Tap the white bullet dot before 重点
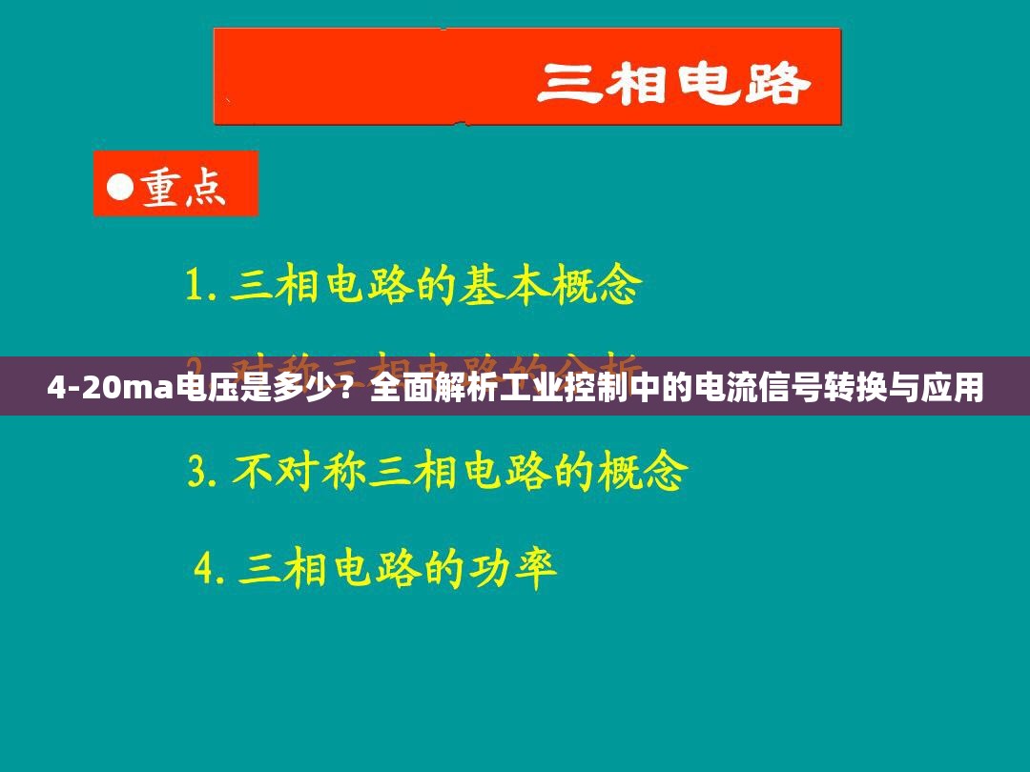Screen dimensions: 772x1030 (x=119, y=186)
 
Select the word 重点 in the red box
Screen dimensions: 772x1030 (x=185, y=187)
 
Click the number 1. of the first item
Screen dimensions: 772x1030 (x=201, y=286)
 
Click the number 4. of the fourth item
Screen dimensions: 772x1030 (x=211, y=569)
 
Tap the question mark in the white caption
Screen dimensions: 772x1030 (x=352, y=388)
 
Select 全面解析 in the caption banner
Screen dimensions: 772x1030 (x=416, y=388)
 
